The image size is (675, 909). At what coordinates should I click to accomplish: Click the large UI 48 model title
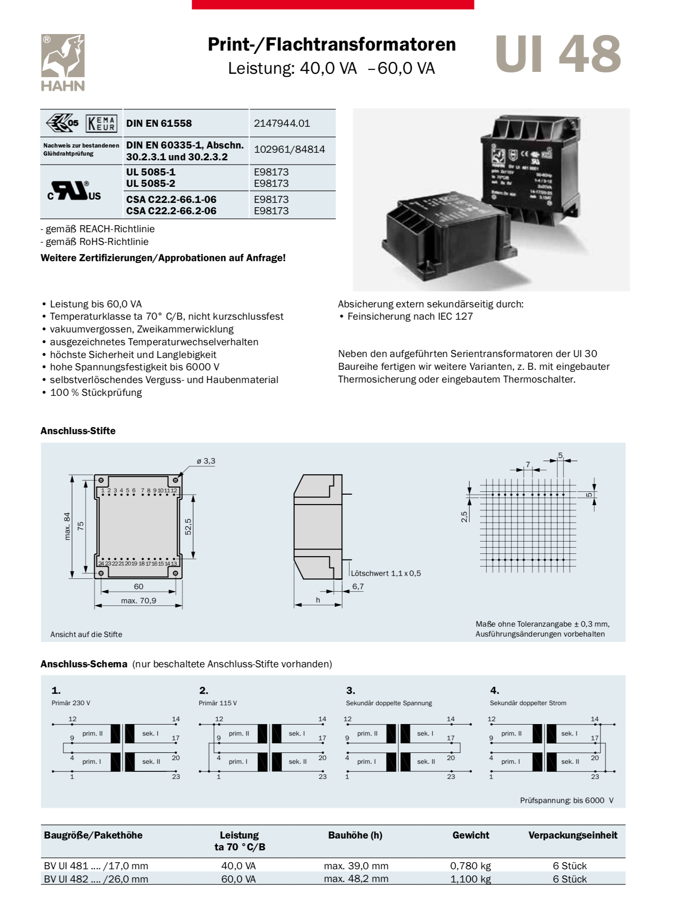point(558,55)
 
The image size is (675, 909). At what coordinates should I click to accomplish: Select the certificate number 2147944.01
point(282,123)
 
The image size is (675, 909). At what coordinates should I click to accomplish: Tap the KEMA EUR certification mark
point(101,123)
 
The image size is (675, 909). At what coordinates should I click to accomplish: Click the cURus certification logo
point(74,191)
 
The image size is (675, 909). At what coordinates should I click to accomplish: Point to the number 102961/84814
point(289,149)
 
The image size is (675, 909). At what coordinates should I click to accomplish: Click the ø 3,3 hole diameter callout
point(206,461)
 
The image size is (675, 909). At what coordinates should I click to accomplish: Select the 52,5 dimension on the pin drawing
point(188,526)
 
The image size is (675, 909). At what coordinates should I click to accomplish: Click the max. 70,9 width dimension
point(139,601)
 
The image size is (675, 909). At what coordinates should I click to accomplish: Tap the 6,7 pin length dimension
point(358,586)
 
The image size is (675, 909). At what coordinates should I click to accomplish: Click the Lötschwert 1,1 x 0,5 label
point(386,573)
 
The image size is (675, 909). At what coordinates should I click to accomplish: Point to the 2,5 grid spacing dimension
point(465,516)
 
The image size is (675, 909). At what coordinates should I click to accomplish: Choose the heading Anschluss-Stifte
point(78,431)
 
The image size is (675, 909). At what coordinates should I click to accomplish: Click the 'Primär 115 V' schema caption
point(218,703)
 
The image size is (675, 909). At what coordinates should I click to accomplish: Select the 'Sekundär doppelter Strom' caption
point(528,703)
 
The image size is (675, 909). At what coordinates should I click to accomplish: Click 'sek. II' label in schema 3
point(426,761)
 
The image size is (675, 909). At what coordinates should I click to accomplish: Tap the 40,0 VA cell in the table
point(238,865)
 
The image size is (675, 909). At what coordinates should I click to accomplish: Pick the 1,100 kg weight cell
point(471,879)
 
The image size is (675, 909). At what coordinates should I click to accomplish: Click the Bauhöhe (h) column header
point(355,835)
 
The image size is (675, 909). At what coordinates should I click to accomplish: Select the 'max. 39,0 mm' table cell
point(356,865)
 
